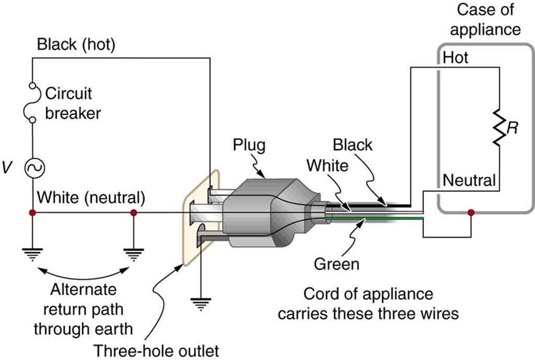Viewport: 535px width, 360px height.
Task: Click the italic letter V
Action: [7, 167]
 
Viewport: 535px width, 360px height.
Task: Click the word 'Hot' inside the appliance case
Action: [456, 58]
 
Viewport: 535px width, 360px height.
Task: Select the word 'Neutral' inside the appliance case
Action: [469, 181]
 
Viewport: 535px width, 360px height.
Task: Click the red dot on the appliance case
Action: [470, 213]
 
